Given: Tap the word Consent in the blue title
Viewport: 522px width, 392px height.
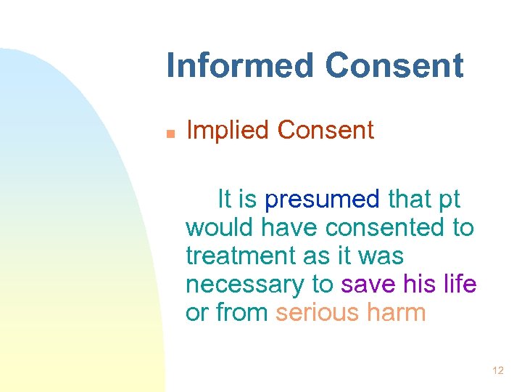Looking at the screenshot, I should tap(394, 65).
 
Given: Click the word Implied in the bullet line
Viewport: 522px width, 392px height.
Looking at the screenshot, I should tap(228, 131).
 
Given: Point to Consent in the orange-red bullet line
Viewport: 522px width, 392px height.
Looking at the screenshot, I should tap(326, 131).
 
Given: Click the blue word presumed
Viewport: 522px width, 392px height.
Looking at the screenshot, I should tap(322, 200).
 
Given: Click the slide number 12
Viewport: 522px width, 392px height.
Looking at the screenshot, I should tap(497, 371).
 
